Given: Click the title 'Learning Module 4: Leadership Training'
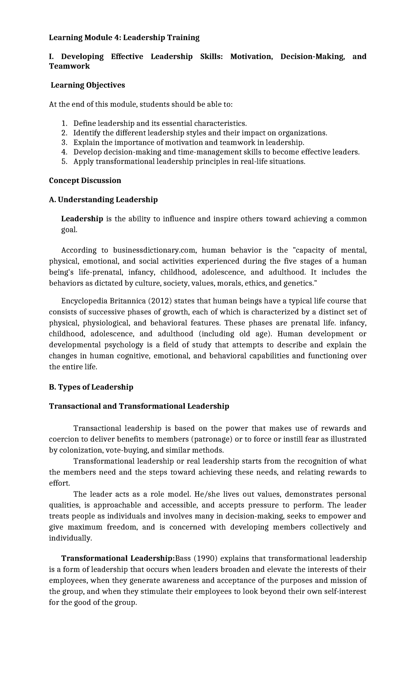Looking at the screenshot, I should tap(124, 37).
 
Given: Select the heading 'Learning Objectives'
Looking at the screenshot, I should tap(88, 85).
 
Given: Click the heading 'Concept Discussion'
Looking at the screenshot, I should tap(85, 181).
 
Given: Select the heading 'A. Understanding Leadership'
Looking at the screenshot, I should tap(103, 200).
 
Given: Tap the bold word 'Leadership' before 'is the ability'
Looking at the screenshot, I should tap(82, 219).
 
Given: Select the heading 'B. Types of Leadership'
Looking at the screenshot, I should tap(91, 387).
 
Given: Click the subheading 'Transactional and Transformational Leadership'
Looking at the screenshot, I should tap(139, 406).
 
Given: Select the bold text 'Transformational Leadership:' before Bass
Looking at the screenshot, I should tap(118, 558).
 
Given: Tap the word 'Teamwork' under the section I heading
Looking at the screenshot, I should tap(69, 66).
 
